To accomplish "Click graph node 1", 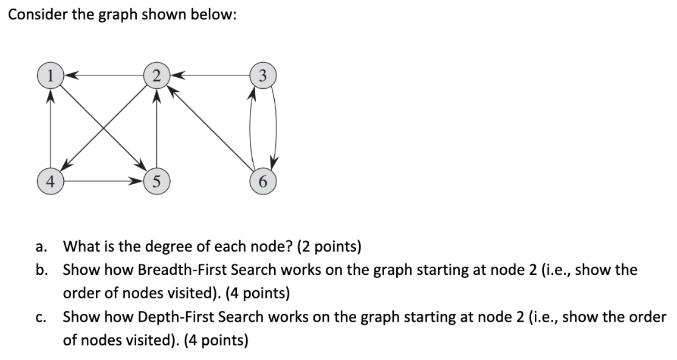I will [50, 76].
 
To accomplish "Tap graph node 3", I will [261, 76].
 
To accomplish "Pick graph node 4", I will [50, 181].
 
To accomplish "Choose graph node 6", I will [261, 181].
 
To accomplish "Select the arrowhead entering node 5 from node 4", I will [139, 181].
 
